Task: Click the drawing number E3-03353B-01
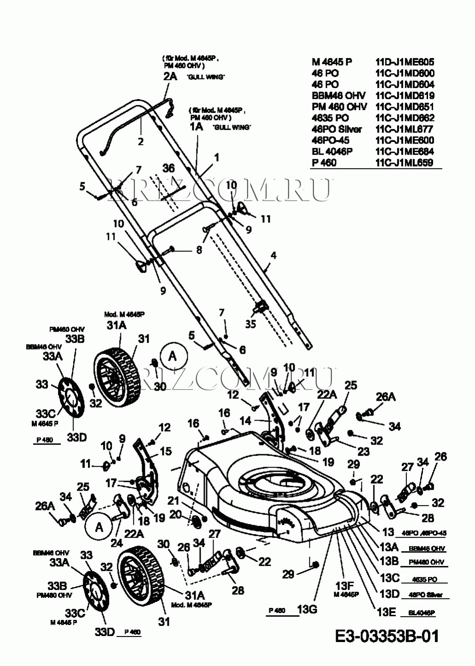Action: pyautogui.click(x=387, y=636)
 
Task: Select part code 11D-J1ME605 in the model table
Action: pyautogui.click(x=405, y=62)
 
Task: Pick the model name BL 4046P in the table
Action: pyautogui.click(x=332, y=151)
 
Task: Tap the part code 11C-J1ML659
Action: pyautogui.click(x=405, y=163)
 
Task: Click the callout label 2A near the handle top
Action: pyautogui.click(x=170, y=76)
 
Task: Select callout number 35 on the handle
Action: pyautogui.click(x=250, y=324)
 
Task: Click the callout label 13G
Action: pyautogui.click(x=307, y=610)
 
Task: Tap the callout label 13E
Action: pyautogui.click(x=386, y=612)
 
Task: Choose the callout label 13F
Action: pyautogui.click(x=344, y=586)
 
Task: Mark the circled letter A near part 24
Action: pyautogui.click(x=99, y=528)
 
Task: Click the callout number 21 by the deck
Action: pyautogui.click(x=173, y=501)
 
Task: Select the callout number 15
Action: pyautogui.click(x=165, y=451)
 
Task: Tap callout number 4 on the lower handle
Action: pyautogui.click(x=273, y=255)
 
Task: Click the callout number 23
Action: pyautogui.click(x=364, y=451)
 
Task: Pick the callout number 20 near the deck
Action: pyautogui.click(x=175, y=514)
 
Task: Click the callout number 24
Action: pyautogui.click(x=116, y=543)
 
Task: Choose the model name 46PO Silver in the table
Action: pyautogui.click(x=336, y=129)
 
